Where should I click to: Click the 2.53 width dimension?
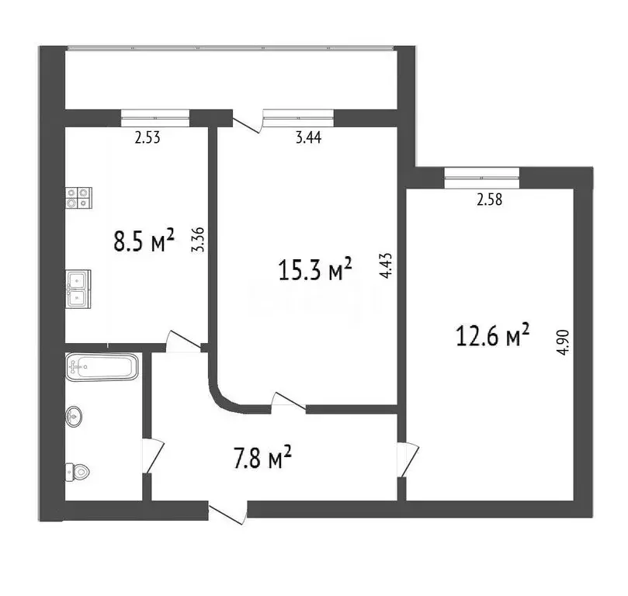tap(148, 139)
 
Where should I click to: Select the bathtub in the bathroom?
tap(102, 366)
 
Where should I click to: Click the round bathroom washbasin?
tap(75, 416)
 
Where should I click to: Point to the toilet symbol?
tap(78, 470)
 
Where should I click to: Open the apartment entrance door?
tap(227, 511)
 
